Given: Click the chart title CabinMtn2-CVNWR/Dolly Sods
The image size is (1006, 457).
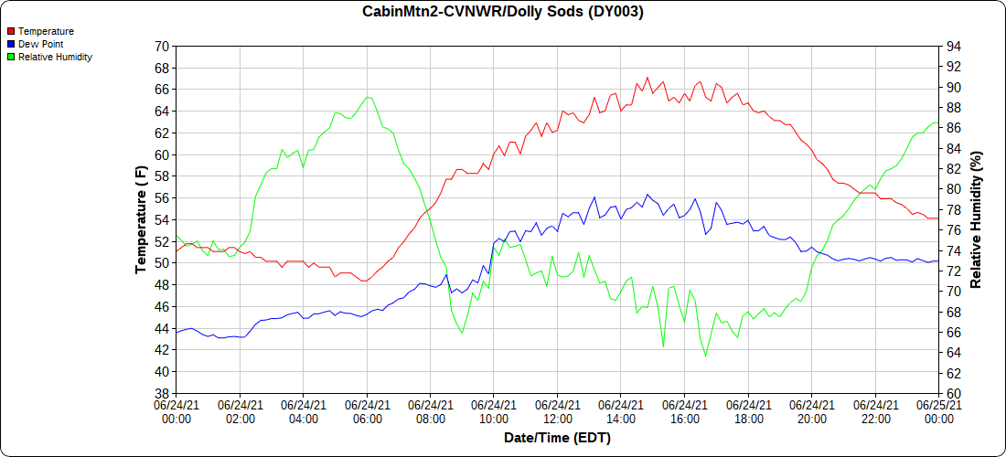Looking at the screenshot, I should pos(502,12).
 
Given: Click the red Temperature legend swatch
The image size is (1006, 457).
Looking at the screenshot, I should pos(11,31).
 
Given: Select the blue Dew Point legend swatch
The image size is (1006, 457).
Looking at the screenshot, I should pos(11,44).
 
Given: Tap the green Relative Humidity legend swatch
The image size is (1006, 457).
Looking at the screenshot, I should pos(11,57).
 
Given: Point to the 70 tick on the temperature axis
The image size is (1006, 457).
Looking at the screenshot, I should pos(162,46).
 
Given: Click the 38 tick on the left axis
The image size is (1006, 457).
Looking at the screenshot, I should pos(162,393).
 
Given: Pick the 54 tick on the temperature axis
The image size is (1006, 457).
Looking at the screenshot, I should pos(162,219).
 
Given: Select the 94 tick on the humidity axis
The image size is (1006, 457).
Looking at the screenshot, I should pos(954,46).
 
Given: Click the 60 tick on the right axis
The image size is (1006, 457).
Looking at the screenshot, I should pos(954,393).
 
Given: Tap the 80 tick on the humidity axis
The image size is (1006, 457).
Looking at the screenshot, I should pos(954,189).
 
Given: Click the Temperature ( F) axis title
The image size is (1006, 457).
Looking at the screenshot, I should pos(141,219).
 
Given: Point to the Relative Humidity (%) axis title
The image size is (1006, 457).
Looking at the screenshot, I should pos(976,219).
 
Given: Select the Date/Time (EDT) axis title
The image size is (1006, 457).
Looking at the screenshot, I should pos(557,439).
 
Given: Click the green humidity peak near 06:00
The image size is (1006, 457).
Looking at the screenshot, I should pos(367,97).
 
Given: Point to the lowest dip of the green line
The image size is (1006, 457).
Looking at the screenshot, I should pos(705,356).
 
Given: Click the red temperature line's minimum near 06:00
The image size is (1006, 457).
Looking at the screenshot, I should pos(364,281).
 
